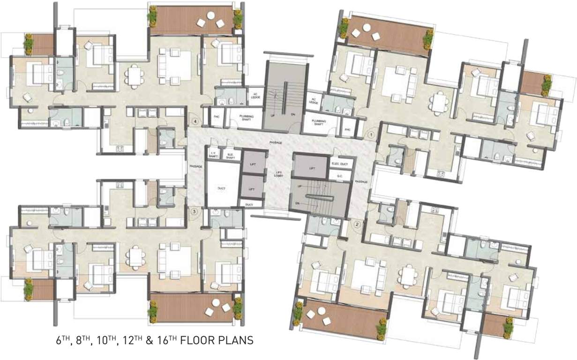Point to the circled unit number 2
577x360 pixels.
pos(358,224)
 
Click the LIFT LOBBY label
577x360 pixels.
pos(278,174)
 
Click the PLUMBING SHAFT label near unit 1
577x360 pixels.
pos(318,123)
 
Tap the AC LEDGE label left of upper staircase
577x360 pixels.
pos(255,95)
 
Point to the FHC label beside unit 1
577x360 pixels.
pos(348,129)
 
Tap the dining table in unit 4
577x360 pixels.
pos(135,76)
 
